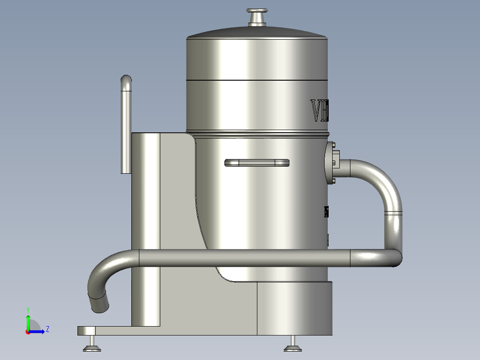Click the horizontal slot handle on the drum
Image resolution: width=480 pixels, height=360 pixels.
257,163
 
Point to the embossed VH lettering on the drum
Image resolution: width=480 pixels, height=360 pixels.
319,111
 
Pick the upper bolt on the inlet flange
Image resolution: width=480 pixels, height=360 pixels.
333,144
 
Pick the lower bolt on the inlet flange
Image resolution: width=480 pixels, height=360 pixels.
333,180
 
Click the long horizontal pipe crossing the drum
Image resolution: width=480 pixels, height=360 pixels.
245,258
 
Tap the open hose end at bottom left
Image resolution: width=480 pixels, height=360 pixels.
99,304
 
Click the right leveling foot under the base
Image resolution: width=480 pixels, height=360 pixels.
293,344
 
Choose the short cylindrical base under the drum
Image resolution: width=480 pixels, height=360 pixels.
294,307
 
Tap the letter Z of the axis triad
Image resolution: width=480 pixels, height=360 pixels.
47,329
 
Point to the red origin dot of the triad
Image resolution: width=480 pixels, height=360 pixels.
28,331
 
